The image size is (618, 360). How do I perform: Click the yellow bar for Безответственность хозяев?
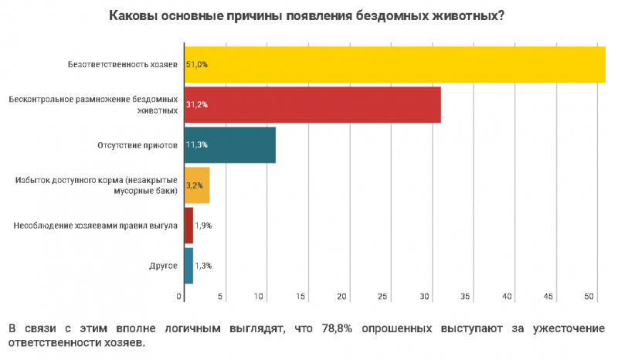pyautogui.click(x=394, y=64)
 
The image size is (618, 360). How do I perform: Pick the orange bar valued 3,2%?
pyautogui.click(x=197, y=185)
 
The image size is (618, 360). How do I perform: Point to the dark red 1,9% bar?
pyautogui.click(x=188, y=226)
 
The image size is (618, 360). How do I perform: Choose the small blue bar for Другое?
pyautogui.click(x=188, y=266)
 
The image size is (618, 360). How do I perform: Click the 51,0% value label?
pyautogui.click(x=196, y=64)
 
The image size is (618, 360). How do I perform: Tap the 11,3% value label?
pyautogui.click(x=196, y=144)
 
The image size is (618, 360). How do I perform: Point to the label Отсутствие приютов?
pyautogui.click(x=138, y=144)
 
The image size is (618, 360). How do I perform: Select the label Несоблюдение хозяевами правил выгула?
pyautogui.click(x=97, y=226)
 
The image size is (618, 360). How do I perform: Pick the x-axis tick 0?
pyautogui.click(x=179, y=297)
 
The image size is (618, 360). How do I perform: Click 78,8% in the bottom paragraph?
pyautogui.click(x=338, y=328)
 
